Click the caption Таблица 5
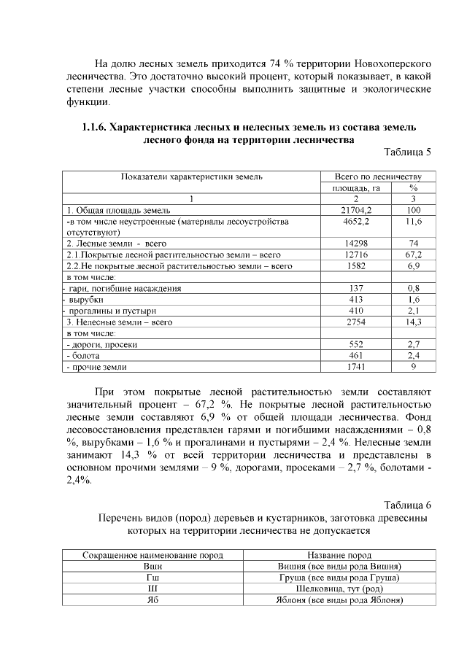(x=407, y=152)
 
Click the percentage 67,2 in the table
(x=413, y=255)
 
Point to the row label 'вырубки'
(x=85, y=300)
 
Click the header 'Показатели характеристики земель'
(x=192, y=176)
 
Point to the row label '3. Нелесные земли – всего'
(x=120, y=322)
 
